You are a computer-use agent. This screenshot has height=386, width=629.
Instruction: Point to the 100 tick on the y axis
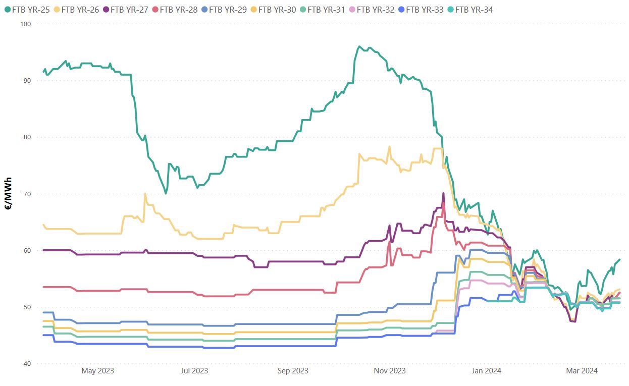(26, 24)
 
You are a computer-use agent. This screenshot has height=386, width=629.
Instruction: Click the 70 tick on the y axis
(27, 194)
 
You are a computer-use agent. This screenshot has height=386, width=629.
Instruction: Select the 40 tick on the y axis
(27, 364)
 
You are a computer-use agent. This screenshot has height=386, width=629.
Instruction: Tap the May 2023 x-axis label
(97, 371)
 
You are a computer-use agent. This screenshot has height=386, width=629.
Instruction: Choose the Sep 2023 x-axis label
(293, 371)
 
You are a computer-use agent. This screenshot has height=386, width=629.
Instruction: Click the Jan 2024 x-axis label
(486, 371)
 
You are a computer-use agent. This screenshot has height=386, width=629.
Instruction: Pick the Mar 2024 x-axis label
(582, 371)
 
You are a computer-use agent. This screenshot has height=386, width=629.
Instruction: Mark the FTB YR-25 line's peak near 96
(359, 46)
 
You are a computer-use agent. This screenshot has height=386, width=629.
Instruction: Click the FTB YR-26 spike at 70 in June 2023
(145, 194)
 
